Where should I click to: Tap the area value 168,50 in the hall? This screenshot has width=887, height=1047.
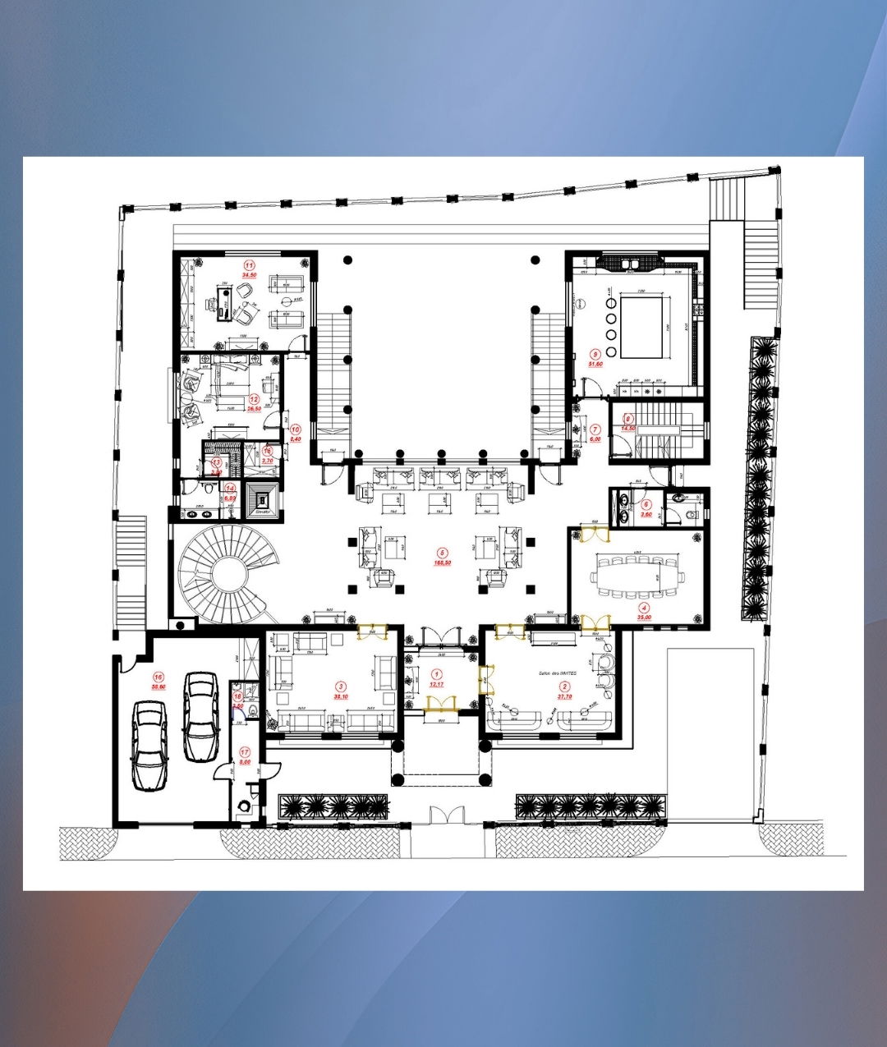pos(443,563)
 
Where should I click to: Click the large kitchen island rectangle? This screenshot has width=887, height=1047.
pos(641,327)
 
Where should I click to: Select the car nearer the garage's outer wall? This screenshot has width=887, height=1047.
pos(149,745)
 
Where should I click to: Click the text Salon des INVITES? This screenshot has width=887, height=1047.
pos(558,673)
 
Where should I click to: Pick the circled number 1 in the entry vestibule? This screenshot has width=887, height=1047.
pos(436,674)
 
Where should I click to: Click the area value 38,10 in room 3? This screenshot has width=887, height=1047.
pos(341,696)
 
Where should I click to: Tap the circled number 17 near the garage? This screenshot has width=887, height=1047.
pos(245,752)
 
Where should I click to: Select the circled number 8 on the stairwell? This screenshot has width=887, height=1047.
pos(628,419)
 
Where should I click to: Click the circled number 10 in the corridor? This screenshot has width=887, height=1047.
pos(296,429)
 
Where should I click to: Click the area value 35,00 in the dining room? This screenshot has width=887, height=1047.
pos(644,616)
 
